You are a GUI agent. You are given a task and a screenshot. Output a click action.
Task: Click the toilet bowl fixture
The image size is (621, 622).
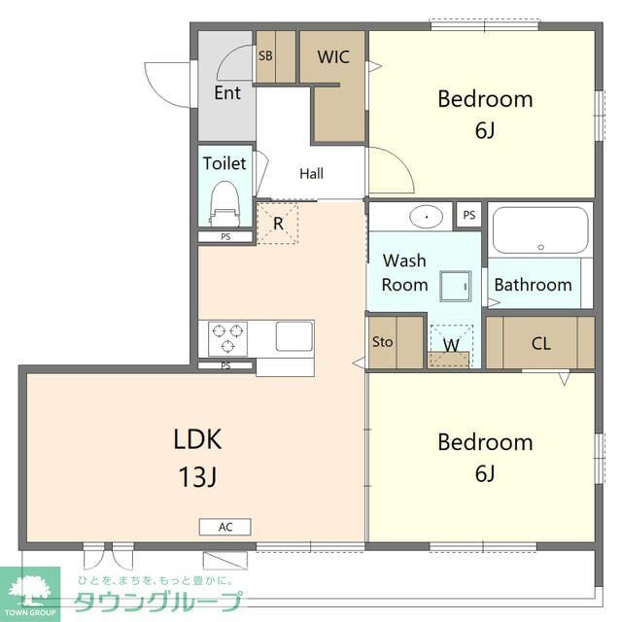225,203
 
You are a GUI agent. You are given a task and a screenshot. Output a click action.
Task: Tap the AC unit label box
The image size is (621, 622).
224,527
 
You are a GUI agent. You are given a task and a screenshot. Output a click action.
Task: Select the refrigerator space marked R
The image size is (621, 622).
278,224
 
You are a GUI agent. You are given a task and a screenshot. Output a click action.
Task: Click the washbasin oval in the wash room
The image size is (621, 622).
426,217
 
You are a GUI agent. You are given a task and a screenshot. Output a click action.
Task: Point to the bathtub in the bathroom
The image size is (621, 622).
540,230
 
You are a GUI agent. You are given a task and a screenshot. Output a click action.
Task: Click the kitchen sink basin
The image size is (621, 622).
294,336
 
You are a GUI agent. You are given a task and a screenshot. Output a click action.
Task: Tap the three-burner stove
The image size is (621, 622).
227,339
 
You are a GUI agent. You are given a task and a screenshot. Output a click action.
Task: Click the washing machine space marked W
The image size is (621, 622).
451,346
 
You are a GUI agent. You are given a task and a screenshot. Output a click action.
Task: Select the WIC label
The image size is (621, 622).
333,56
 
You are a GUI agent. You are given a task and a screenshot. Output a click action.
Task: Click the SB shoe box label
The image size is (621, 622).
265,55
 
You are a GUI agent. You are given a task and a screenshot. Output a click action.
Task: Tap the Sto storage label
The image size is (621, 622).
382,342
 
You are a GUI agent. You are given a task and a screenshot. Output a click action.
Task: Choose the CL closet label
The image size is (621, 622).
541,343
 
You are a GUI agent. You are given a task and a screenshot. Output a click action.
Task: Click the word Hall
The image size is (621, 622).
311,173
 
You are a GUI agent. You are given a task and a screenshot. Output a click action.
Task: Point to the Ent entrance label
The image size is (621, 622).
227,93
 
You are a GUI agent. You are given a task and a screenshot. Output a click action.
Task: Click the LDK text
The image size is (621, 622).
197,439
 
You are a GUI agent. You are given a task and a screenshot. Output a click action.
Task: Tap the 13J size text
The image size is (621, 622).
197,476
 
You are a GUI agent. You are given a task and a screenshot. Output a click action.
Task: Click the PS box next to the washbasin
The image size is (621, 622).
469,215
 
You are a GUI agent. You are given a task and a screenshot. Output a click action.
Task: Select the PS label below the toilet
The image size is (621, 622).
225,237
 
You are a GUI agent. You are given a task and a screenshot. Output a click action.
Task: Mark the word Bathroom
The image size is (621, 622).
533,285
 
